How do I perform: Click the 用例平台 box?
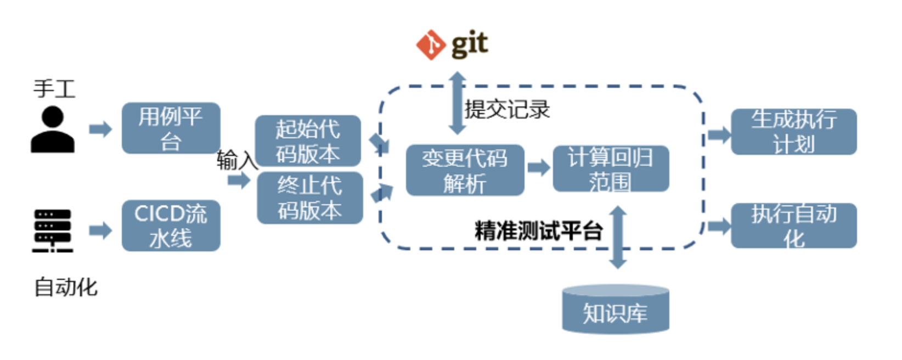171,128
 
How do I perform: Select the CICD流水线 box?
171,226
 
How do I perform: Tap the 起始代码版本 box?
308,141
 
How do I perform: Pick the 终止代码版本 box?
309,198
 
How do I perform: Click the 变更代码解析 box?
465,170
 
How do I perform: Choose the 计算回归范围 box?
611,168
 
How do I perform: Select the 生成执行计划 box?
793,132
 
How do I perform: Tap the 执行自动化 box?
793,226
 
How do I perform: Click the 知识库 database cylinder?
616,310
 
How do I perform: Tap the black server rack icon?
53,230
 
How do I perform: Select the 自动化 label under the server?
66,287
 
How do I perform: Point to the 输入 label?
236,160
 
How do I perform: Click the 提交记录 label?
507,109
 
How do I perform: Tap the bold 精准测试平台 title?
538,231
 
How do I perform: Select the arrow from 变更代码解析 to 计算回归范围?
539,168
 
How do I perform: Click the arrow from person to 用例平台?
100,130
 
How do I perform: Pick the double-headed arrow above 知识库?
618,237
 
